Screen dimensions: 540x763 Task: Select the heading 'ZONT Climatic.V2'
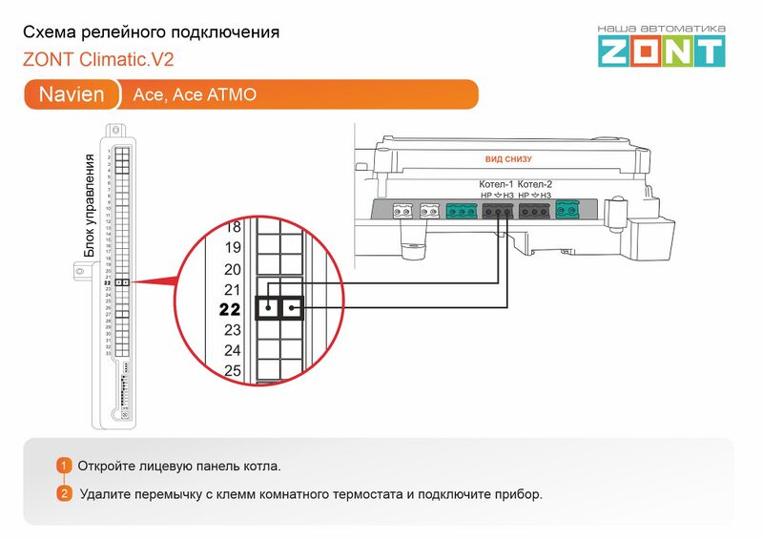pos(98,59)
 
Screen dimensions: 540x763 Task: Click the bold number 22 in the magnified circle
pos(230,309)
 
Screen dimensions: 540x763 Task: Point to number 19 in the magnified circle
pos(232,248)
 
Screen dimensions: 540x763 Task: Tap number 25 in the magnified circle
pos(232,371)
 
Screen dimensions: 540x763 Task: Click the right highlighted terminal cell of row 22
pos(290,308)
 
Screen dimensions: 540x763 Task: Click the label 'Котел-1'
pos(496,183)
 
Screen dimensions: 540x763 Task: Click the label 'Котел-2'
pos(535,183)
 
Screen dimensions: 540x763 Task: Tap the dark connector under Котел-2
pos(535,210)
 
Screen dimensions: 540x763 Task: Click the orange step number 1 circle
pos(64,466)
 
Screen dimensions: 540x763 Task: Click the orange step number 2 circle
pos(64,494)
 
